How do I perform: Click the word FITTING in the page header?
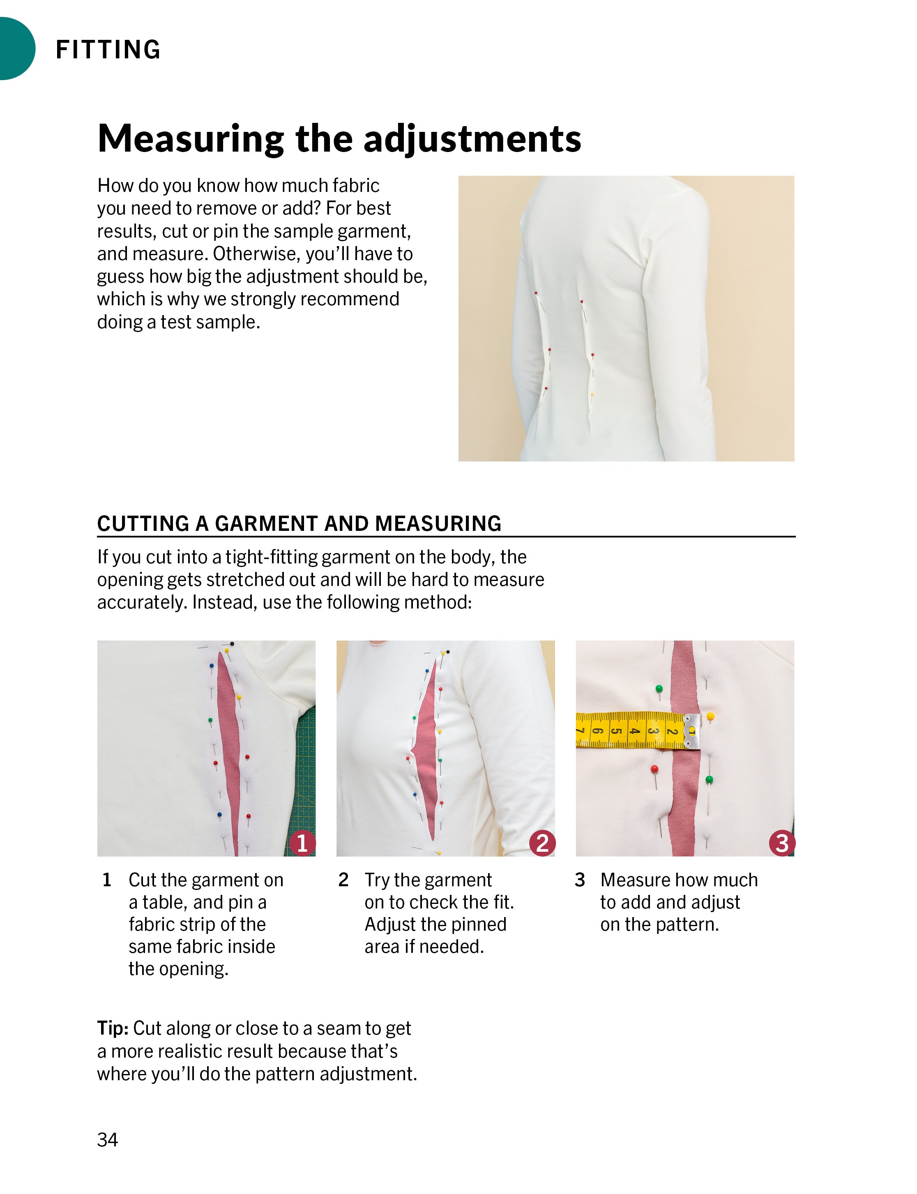pyautogui.click(x=108, y=50)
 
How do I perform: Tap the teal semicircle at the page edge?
pyautogui.click(x=15, y=48)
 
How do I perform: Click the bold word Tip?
pyautogui.click(x=113, y=1028)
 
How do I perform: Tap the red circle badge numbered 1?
pyautogui.click(x=302, y=843)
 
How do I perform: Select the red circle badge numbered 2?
pyautogui.click(x=542, y=843)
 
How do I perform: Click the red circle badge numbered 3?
pyautogui.click(x=782, y=843)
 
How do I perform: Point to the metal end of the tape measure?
pyautogui.click(x=691, y=730)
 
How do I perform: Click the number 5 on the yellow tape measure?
pyautogui.click(x=616, y=731)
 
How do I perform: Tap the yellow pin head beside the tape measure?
pyautogui.click(x=710, y=716)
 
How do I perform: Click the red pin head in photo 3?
pyautogui.click(x=654, y=769)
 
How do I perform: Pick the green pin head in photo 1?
pyautogui.click(x=211, y=721)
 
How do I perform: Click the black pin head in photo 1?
pyautogui.click(x=233, y=644)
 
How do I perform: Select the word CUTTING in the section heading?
pyautogui.click(x=143, y=523)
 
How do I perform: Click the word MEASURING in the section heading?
pyautogui.click(x=438, y=523)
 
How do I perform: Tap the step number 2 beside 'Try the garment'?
pyautogui.click(x=343, y=880)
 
